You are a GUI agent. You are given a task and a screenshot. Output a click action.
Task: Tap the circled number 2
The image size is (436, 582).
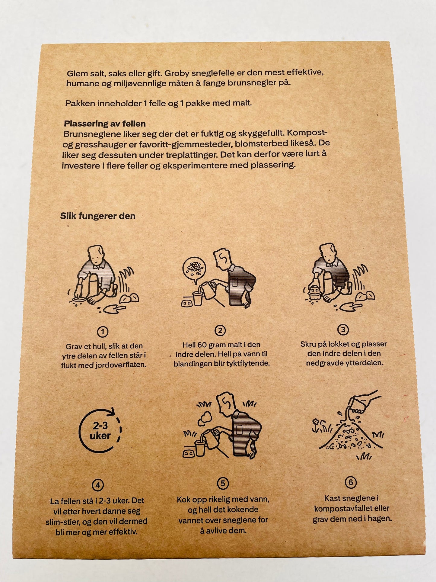point(220,331)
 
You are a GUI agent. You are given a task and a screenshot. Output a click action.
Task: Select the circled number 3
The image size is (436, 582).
point(343,330)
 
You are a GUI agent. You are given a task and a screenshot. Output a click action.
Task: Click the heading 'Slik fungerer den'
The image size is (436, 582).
point(98,216)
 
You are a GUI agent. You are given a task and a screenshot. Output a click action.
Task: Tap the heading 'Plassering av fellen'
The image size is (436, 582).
point(105,124)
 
